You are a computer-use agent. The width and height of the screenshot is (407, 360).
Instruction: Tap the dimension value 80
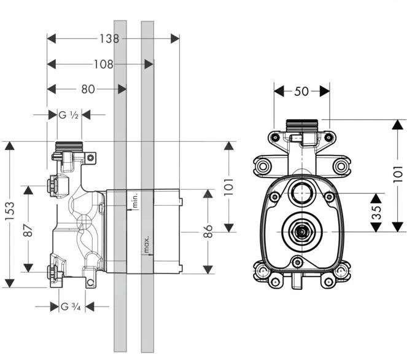pos(88,89)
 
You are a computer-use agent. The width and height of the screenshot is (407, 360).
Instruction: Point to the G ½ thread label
pos(68,114)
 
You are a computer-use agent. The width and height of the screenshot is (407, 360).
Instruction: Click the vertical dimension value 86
pos(209,231)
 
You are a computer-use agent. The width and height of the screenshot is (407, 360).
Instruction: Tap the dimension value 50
pos(301,91)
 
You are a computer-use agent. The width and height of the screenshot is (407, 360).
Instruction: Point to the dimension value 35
pos(376,212)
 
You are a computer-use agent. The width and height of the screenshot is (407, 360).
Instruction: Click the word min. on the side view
pos(131,200)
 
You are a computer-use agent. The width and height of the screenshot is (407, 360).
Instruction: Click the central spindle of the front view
pos(301,232)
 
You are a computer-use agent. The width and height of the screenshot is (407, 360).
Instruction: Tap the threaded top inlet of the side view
pos(69,146)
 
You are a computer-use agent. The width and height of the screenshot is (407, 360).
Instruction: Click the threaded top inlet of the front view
pos(301,123)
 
